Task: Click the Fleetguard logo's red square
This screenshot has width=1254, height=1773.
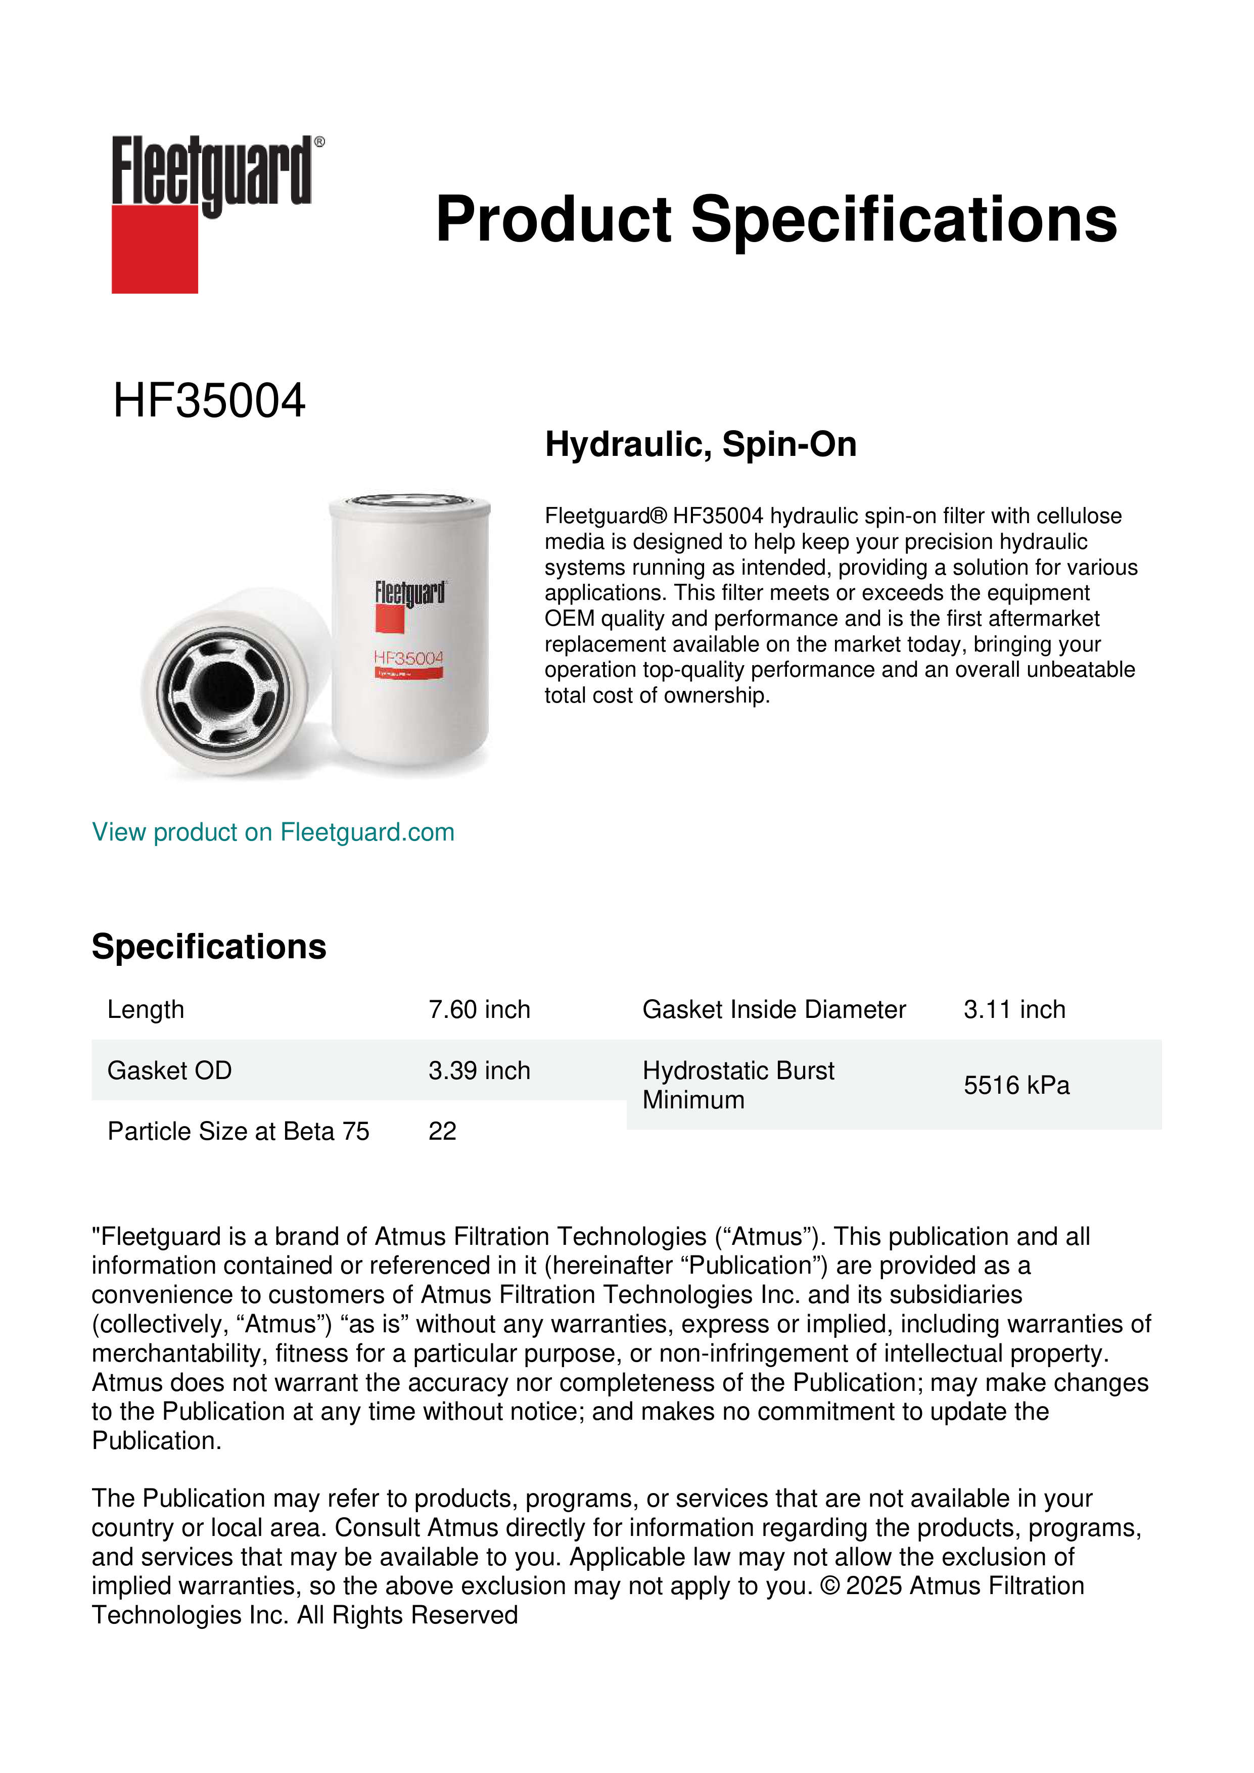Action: [x=155, y=249]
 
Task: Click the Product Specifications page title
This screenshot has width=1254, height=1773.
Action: [x=775, y=219]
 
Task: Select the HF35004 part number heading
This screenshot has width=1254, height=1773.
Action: [x=209, y=401]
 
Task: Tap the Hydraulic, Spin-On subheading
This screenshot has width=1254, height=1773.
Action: [x=701, y=445]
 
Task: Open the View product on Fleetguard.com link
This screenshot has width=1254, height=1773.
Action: [x=272, y=832]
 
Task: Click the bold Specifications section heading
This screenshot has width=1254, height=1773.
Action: [x=208, y=947]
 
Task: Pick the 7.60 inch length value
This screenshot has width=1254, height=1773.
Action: [x=479, y=1009]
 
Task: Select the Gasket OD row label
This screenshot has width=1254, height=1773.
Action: [x=169, y=1070]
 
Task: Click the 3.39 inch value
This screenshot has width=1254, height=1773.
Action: [x=479, y=1070]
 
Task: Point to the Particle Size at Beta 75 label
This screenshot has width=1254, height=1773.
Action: [x=238, y=1131]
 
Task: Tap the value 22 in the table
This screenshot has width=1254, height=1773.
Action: [x=442, y=1131]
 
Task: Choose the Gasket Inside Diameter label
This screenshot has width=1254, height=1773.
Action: [x=774, y=1009]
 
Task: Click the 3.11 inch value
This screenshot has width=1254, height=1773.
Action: [x=1014, y=1009]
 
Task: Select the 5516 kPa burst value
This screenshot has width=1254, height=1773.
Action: [x=1016, y=1085]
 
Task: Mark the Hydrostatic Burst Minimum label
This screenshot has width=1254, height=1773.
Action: [x=737, y=1085]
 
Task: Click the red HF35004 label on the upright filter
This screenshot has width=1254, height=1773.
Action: [x=408, y=658]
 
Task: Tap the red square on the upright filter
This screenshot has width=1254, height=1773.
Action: [x=390, y=619]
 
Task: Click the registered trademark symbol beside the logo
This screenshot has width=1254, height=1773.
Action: [x=319, y=142]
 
